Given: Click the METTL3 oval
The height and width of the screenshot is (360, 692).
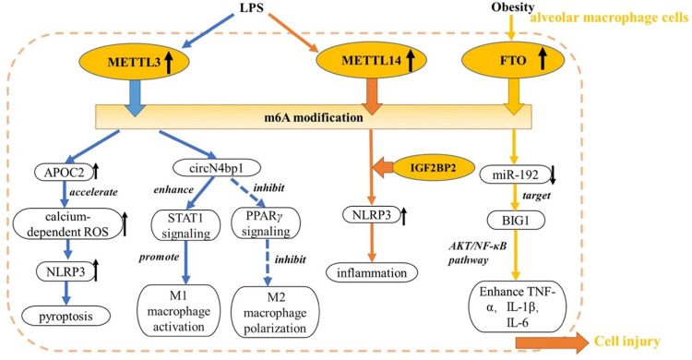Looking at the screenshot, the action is (x=134, y=62).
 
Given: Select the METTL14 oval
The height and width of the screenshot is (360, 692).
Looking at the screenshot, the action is (x=372, y=61).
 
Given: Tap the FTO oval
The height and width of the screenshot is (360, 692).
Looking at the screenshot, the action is (x=513, y=61).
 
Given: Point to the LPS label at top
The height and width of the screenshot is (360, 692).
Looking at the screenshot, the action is (x=252, y=7).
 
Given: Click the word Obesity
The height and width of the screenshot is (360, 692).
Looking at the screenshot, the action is (x=513, y=7).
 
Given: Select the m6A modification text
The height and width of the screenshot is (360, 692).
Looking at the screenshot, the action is (x=314, y=117).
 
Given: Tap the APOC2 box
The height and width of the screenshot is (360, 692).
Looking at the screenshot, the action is (x=65, y=173).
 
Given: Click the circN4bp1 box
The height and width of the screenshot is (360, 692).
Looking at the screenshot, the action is (x=217, y=168).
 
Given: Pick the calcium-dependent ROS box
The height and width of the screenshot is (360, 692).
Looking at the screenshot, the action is (x=67, y=224).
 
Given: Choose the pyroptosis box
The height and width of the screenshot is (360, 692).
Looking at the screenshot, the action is (x=66, y=317).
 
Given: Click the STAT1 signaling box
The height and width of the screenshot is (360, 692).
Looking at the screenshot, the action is (x=185, y=225).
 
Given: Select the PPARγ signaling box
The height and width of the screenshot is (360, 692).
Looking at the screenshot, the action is (x=266, y=224).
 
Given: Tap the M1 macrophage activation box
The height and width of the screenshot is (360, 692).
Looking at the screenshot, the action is (x=179, y=311).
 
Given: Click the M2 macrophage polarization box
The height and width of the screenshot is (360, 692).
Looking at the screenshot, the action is (x=275, y=312).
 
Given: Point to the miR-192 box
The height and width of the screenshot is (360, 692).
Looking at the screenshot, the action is (x=516, y=174).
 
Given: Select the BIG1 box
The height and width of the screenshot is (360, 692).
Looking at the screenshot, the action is (x=516, y=220).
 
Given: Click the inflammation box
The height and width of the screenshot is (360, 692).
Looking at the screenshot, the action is (x=372, y=272).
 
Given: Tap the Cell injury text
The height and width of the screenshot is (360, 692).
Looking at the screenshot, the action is (x=627, y=341).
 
